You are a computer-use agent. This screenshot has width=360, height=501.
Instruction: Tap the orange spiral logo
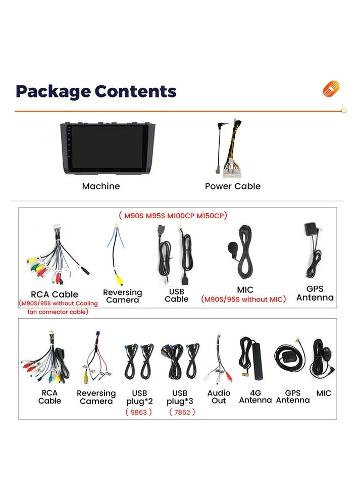[331, 88]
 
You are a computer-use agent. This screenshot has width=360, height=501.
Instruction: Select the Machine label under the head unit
[101, 186]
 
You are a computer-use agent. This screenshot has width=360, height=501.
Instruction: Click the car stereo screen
[108, 147]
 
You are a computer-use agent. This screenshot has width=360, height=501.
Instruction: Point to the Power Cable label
[233, 186]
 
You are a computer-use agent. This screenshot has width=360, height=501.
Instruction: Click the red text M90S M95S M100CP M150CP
[173, 216]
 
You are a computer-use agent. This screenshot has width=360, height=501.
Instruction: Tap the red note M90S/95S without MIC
[243, 299]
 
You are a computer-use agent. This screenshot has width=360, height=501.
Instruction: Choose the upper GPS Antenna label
[315, 293]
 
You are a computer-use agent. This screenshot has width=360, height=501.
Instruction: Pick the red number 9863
[139, 412]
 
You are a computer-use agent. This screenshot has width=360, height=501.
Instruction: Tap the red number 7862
[182, 412]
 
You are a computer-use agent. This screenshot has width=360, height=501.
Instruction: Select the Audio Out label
[219, 396]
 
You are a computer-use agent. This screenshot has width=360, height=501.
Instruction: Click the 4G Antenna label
[255, 396]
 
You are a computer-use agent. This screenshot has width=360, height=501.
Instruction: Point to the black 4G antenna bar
[257, 361]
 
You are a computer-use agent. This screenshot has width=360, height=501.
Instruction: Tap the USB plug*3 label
[180, 397]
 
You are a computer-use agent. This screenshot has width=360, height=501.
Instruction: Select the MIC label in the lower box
[324, 393]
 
